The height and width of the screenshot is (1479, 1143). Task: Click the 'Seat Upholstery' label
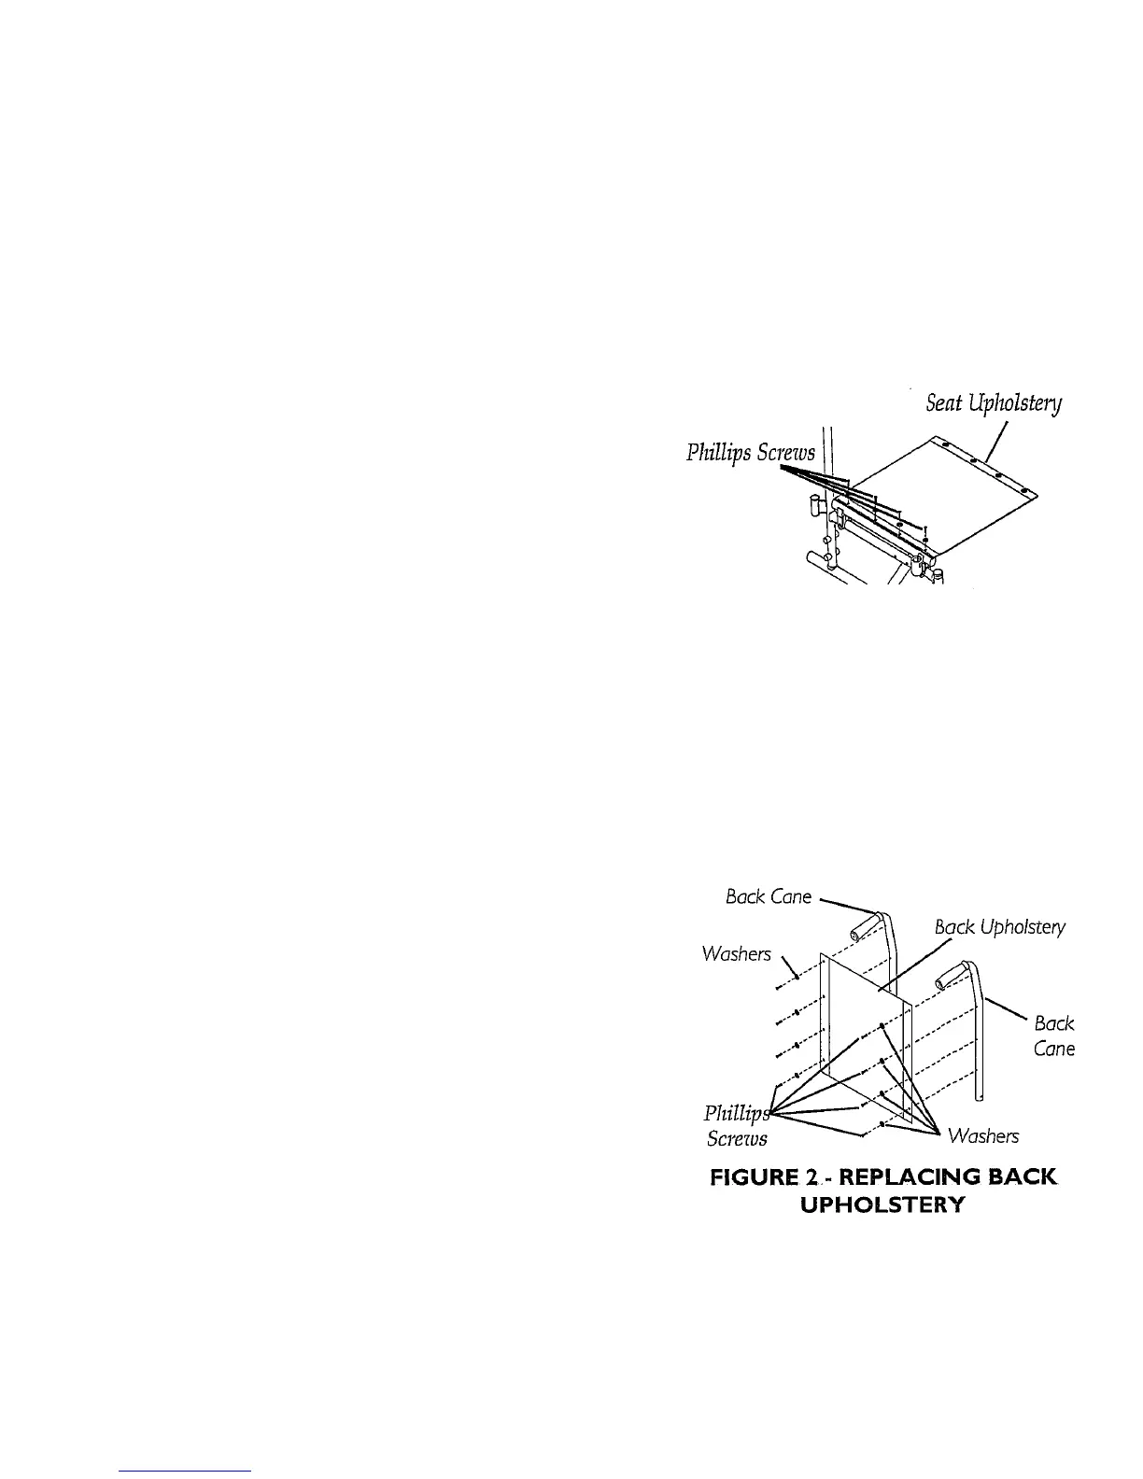pos(994,403)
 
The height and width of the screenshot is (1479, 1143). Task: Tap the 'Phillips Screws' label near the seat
pos(751,453)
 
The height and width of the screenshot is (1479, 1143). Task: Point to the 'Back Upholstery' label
pos(999,927)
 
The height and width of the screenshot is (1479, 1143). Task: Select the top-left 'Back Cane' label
pos(769,896)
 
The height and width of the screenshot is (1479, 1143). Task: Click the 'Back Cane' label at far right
pos(1054,1035)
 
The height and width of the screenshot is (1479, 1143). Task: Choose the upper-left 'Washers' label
pos(737,953)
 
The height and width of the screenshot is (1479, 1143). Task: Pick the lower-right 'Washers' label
pos(982,1135)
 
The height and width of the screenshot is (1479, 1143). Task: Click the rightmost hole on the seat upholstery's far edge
pos(1023,490)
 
